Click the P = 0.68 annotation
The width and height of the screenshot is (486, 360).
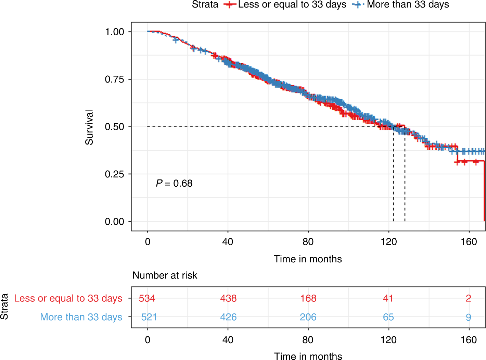click(174, 184)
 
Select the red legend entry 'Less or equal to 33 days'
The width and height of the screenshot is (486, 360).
click(292, 5)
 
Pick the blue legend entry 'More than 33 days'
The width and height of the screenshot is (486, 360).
click(408, 5)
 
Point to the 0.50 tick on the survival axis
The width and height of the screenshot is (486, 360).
click(114, 127)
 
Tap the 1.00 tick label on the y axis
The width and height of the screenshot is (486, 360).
click(114, 32)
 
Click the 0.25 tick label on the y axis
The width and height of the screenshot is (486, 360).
click(114, 174)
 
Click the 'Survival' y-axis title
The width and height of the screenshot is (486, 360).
click(89, 127)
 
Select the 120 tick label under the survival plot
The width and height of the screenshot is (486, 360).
click(388, 242)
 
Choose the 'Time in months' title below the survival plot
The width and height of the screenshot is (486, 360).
click(308, 259)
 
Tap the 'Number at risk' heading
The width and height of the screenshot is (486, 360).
click(165, 275)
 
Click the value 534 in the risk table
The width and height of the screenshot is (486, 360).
click(147, 298)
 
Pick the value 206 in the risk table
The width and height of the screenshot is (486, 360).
click(308, 317)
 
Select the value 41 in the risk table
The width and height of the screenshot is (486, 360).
click(388, 298)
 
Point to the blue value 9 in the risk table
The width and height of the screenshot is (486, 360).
click(469, 317)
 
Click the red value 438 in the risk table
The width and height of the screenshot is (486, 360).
click(228, 298)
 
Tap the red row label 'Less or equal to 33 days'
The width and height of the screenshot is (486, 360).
click(68, 298)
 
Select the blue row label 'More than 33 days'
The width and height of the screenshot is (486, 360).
click(81, 317)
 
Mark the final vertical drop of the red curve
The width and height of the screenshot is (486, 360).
click(484, 192)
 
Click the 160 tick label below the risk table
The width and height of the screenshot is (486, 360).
click(469, 340)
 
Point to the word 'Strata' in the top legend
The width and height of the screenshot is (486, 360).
click(205, 5)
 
